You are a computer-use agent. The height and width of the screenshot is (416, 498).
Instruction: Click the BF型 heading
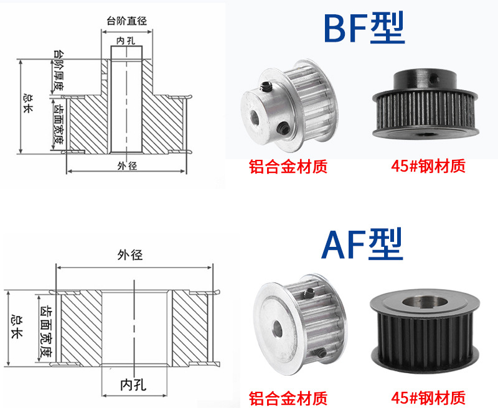click(x=364, y=28)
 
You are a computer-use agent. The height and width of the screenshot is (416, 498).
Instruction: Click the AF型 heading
click(x=362, y=244)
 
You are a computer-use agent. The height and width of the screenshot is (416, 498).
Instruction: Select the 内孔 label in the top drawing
click(x=126, y=41)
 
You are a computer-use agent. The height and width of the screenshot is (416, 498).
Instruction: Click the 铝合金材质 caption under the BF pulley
click(x=288, y=166)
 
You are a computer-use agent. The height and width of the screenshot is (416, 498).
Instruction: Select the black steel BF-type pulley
click(x=426, y=105)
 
